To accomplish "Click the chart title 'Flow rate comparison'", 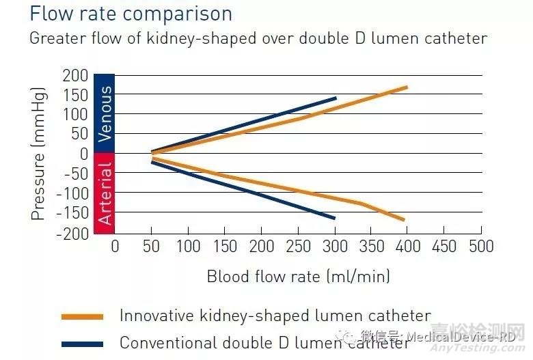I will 131,14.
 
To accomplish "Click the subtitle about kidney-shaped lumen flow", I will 258,38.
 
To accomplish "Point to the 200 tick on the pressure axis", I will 75,75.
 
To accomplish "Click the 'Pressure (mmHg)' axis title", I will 38,154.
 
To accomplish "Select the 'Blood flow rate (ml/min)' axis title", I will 299,277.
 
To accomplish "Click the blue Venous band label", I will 104,114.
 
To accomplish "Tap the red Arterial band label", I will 104,193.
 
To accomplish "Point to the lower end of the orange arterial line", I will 404,220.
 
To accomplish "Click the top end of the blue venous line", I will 336,98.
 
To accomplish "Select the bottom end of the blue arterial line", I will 335,218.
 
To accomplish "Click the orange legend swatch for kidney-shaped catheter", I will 82,317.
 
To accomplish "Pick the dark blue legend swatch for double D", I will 82,344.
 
